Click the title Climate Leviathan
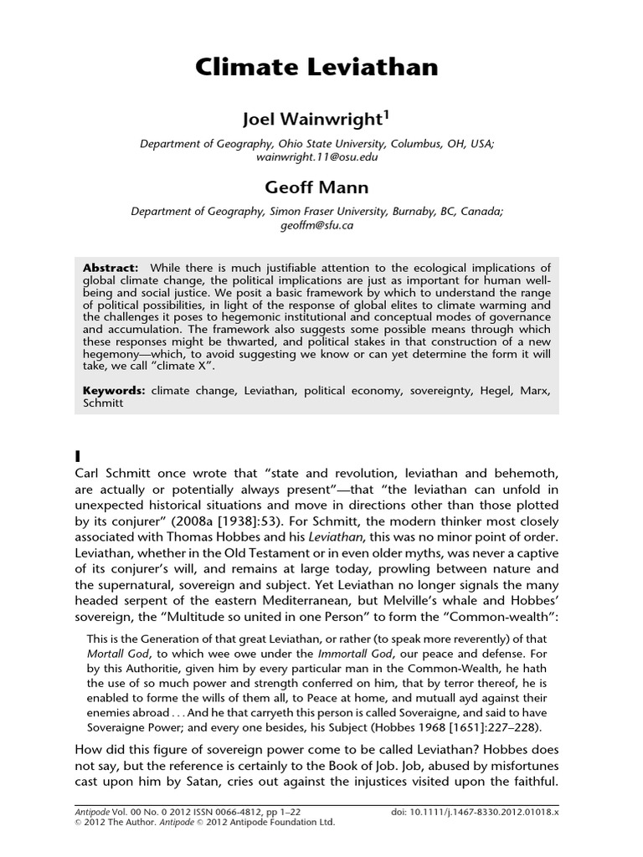[x=316, y=67]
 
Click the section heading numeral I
[x=78, y=456]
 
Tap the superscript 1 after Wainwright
[x=386, y=115]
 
